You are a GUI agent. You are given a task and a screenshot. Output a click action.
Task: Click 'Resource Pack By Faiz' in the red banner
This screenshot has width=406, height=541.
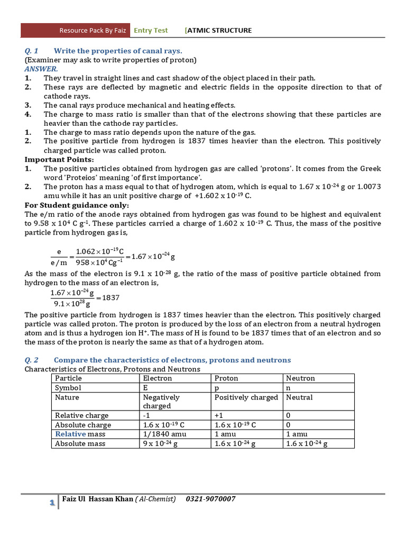pos(93,30)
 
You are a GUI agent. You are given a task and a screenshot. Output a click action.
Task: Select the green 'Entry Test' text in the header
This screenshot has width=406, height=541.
pos(151,30)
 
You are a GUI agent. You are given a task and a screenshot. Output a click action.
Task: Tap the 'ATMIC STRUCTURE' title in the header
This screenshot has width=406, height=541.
pos(219,30)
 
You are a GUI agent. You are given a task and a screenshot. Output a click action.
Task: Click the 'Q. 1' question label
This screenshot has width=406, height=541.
pos(32,51)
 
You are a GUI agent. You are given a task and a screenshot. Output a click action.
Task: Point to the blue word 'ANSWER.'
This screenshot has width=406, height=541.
pos(41,69)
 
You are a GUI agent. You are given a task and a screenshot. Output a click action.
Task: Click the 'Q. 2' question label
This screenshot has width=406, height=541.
pos(32,360)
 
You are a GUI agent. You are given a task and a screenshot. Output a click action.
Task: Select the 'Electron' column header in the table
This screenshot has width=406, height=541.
pos(158,378)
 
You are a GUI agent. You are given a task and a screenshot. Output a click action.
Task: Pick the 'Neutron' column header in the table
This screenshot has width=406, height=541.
pos(300,378)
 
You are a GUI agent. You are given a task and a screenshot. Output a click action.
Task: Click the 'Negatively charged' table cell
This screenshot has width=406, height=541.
pos(161,402)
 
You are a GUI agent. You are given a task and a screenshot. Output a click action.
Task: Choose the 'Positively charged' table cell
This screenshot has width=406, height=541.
pos(246,397)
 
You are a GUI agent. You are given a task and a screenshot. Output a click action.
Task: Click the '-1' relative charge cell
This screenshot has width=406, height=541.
pos(147,416)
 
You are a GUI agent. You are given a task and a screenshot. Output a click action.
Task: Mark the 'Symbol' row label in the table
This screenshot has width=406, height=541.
pos(68,387)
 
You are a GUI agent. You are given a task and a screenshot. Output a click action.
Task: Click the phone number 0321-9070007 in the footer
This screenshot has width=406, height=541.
pos(210,499)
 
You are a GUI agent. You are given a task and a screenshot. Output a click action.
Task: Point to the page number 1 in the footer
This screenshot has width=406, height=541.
pos(52,503)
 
